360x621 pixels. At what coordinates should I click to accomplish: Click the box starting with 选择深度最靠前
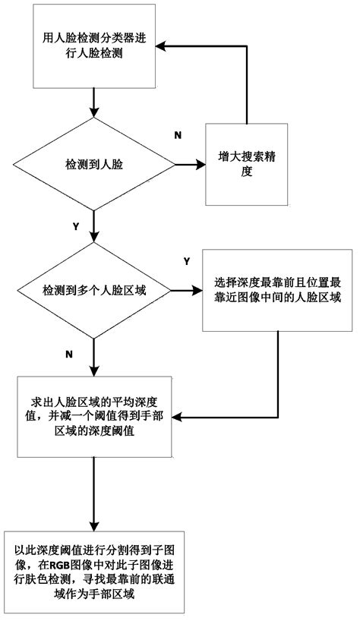276,290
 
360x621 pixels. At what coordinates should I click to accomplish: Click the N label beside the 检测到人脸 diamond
178,135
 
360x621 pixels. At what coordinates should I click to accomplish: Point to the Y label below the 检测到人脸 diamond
74,227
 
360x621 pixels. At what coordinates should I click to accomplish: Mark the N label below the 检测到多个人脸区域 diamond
70,354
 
